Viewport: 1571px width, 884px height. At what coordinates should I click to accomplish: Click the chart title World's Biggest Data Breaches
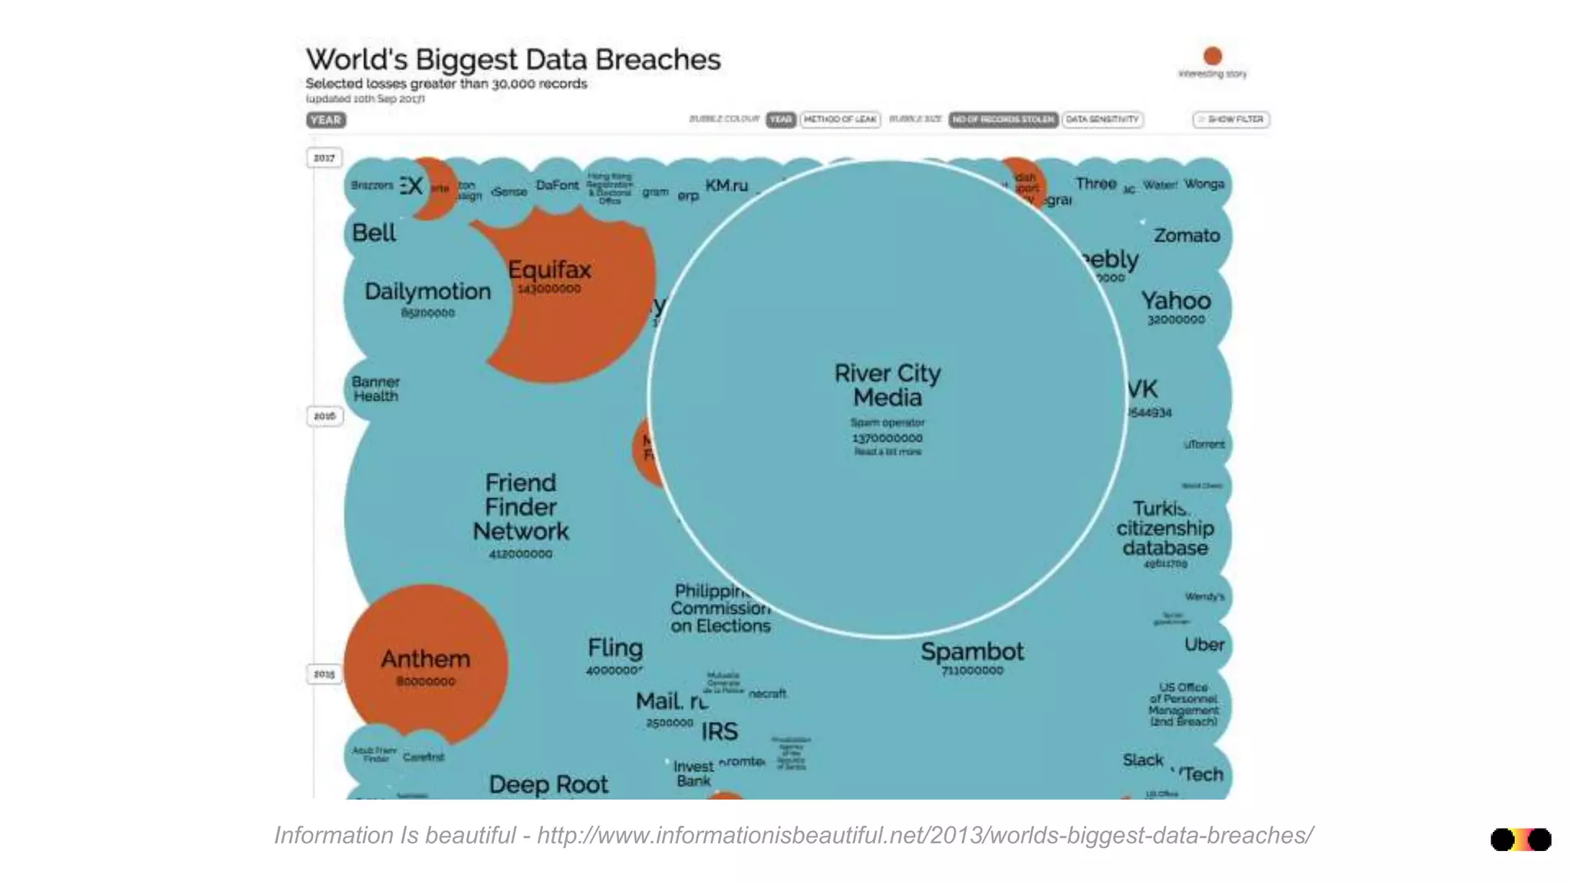(513, 60)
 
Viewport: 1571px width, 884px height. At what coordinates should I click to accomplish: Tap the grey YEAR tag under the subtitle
(326, 120)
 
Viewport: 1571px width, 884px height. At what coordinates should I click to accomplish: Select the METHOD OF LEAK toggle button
(840, 120)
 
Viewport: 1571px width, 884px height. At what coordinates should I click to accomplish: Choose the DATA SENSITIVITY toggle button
(1102, 120)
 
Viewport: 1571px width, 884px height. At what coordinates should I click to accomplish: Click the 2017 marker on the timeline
(324, 158)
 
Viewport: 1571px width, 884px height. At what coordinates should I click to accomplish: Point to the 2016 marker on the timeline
(324, 416)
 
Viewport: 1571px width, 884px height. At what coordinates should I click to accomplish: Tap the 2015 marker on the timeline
(324, 674)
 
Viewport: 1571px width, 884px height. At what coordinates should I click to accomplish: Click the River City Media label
(888, 385)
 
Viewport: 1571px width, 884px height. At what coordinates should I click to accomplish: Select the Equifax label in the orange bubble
(549, 270)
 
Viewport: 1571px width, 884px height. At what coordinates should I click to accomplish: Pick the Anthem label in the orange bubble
(426, 659)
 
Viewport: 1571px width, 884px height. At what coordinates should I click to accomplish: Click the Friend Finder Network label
(521, 506)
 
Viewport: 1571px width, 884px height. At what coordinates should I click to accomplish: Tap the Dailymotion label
(427, 292)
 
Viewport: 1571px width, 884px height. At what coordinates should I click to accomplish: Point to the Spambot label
(972, 651)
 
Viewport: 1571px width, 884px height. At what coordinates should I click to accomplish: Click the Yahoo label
(1175, 301)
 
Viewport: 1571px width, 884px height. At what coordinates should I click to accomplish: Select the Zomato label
(1187, 236)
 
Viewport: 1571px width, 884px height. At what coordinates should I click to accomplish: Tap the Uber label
(1204, 645)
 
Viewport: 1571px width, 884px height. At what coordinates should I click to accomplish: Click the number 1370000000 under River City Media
(888, 438)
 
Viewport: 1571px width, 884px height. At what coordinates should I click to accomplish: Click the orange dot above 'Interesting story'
(1213, 56)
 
